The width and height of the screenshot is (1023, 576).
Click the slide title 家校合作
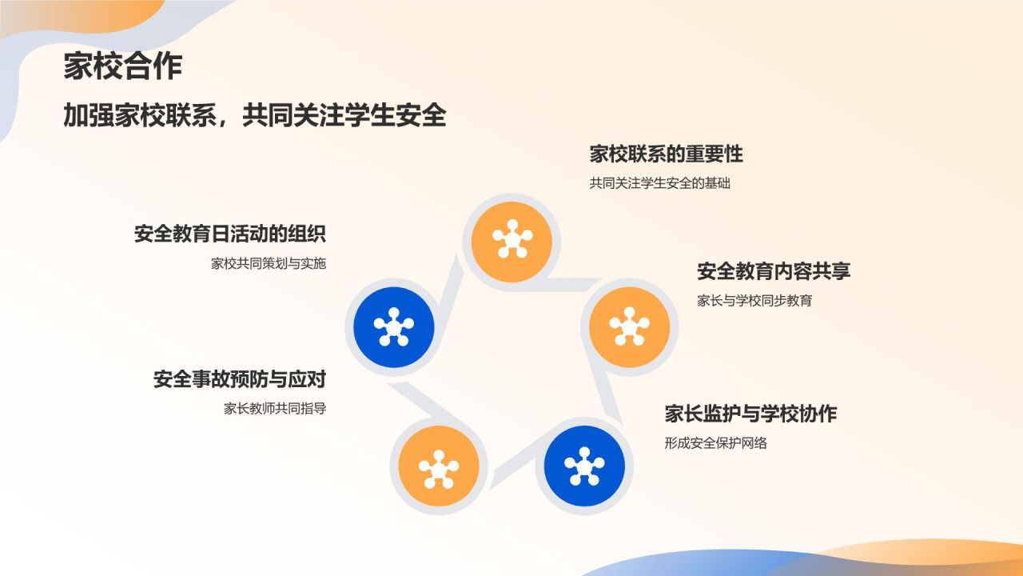(123, 66)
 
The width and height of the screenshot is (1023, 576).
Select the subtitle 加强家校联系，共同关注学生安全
(255, 114)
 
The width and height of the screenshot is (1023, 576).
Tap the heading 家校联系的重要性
(666, 154)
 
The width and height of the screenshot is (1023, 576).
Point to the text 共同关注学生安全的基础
(659, 183)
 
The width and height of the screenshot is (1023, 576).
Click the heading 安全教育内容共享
(774, 271)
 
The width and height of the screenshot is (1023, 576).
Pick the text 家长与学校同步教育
(754, 301)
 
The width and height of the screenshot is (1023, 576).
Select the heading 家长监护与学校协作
(750, 414)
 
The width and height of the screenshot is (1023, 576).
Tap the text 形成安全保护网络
(715, 443)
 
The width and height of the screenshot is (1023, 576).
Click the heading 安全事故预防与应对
(240, 379)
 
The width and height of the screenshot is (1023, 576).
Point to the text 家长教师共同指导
(275, 409)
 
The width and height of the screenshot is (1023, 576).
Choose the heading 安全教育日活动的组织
(230, 234)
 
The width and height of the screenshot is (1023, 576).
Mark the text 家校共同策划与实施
(269, 264)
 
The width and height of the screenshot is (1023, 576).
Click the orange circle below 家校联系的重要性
(511, 242)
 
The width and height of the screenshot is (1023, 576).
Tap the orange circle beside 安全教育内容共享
(629, 327)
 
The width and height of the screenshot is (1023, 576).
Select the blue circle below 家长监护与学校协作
(584, 466)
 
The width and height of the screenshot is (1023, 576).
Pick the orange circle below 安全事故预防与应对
(439, 466)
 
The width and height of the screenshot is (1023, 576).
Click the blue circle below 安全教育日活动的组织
(394, 327)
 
